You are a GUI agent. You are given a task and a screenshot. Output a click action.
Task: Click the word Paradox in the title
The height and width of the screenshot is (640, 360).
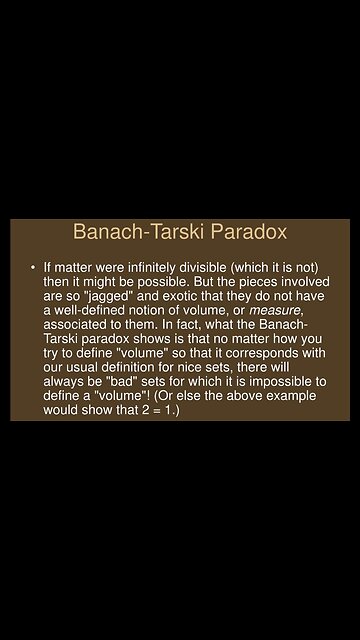coord(245,233)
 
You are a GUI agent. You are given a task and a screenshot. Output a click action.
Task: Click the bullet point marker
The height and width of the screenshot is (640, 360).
coord(32,268)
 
